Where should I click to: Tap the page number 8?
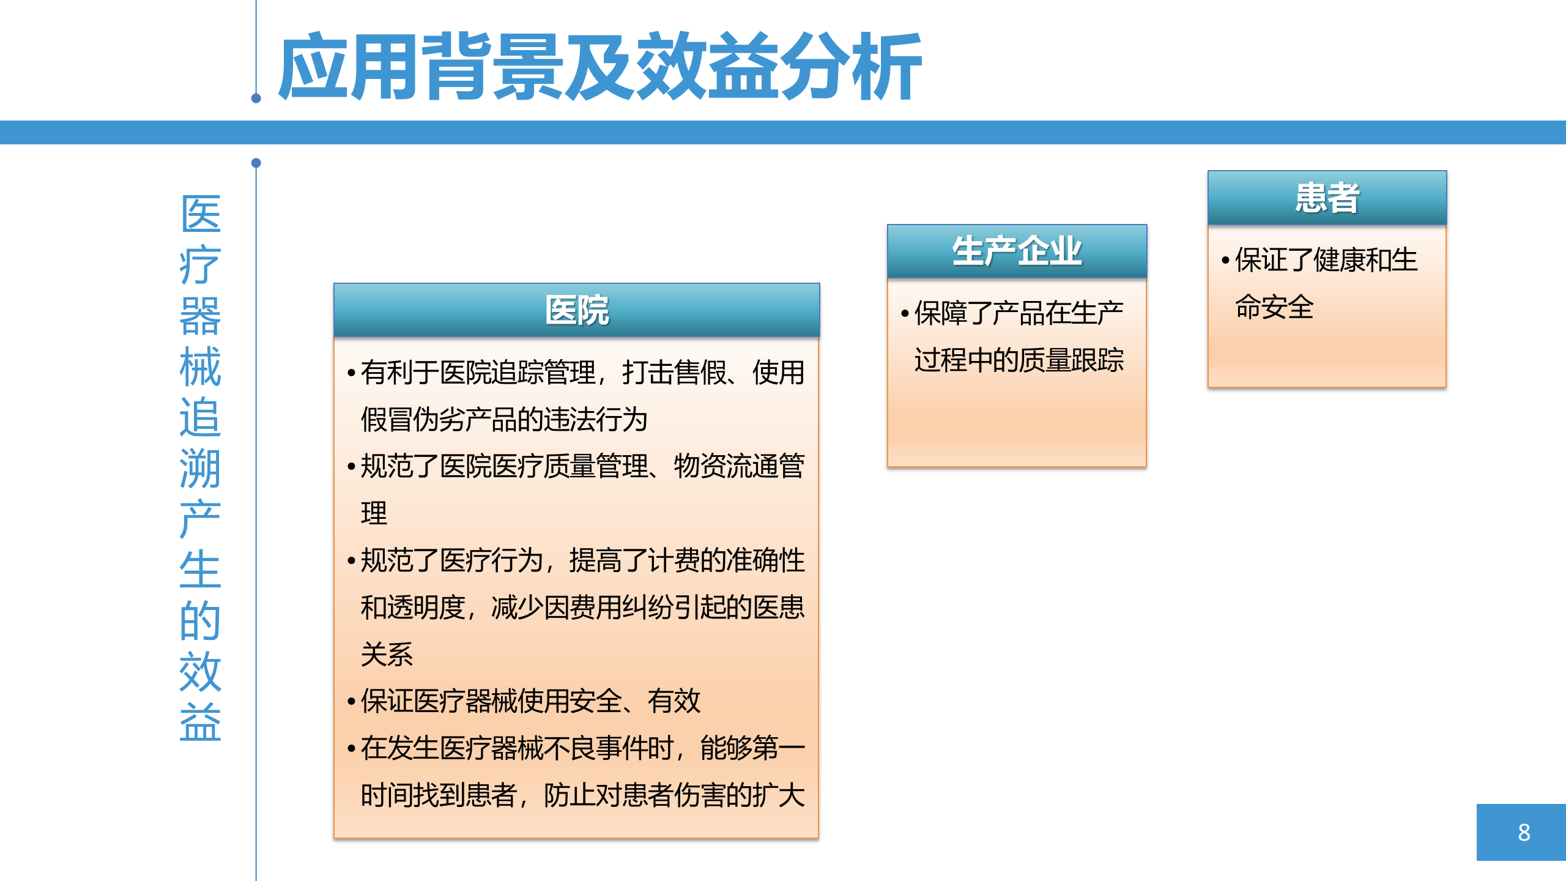point(1523,832)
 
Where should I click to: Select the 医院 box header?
point(576,310)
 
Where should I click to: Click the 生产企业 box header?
point(1017,251)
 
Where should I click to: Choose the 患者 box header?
point(1327,198)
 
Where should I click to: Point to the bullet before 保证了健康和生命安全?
point(1225,261)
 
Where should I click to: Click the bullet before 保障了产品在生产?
point(905,314)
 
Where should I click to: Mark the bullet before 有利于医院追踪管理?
point(351,373)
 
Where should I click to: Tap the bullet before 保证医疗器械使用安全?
point(351,702)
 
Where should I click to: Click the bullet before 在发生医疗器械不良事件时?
point(351,749)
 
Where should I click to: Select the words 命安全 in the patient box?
point(1274,307)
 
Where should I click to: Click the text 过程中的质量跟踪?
point(1019,360)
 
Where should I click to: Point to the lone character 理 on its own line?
point(374,513)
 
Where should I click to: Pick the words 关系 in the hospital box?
point(387,655)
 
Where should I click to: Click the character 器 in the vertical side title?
point(200,316)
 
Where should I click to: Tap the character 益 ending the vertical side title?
point(200,723)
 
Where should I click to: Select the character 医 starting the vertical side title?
point(200,214)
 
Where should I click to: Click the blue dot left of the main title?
point(256,99)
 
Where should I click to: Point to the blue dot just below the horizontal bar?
point(256,163)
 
